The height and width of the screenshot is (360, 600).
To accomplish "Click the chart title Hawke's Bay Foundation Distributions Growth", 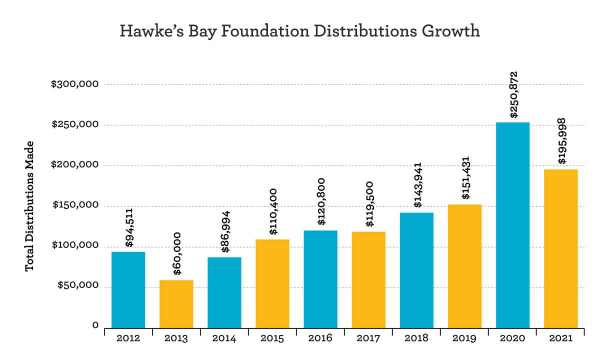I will point(300,31).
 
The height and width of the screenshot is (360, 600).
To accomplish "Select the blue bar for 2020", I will point(512,225).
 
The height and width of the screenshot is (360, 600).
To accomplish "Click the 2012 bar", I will point(128,289).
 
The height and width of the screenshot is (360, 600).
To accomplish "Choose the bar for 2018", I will point(416,270).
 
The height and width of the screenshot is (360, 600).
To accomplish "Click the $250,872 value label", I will point(513,94).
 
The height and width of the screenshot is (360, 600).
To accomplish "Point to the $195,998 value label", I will point(561,141).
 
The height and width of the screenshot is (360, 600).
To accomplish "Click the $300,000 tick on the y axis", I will point(74,84).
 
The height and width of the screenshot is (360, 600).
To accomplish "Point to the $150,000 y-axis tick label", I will point(74,206).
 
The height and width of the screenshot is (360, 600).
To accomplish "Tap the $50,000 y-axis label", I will point(76,287).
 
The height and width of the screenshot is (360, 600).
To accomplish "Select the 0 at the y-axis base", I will point(94,326).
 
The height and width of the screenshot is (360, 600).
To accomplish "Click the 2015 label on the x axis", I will point(272,338).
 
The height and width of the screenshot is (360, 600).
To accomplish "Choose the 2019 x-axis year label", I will point(464,338).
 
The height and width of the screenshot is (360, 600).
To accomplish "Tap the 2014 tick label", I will point(224,338).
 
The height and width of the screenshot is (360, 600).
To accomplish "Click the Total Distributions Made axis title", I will point(29,206).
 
